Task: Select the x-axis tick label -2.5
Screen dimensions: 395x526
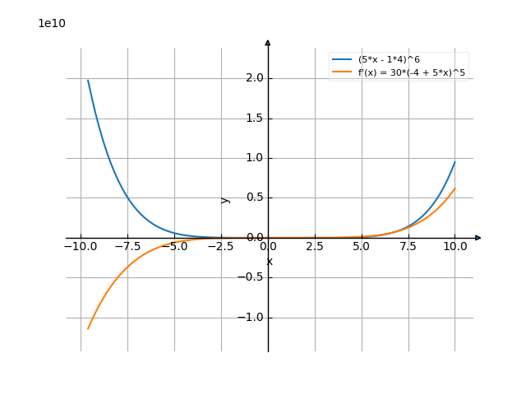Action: pyautogui.click(x=219, y=246)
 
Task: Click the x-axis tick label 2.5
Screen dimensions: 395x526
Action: pyautogui.click(x=315, y=246)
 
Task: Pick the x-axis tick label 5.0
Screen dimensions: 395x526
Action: pyautogui.click(x=362, y=246)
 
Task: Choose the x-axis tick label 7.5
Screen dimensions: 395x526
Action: pyautogui.click(x=408, y=246)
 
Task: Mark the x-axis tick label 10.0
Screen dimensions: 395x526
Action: pyautogui.click(x=455, y=246)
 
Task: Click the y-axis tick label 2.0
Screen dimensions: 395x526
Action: pyautogui.click(x=252, y=78)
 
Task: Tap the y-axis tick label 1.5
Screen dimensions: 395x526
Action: pyautogui.click(x=252, y=118)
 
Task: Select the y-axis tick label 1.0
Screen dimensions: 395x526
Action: pyautogui.click(x=252, y=158)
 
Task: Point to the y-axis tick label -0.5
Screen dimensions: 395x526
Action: pyautogui.click(x=249, y=277)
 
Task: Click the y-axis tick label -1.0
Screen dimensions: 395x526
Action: pyautogui.click(x=249, y=317)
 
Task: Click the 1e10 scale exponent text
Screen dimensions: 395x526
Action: pyautogui.click(x=52, y=23)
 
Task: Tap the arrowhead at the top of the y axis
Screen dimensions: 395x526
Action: pyautogui.click(x=268, y=42)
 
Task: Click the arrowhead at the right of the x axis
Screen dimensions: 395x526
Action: pyautogui.click(x=478, y=238)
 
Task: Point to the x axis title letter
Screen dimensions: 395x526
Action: pyautogui.click(x=269, y=262)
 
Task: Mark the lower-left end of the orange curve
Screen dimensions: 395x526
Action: pyautogui.click(x=88, y=329)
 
